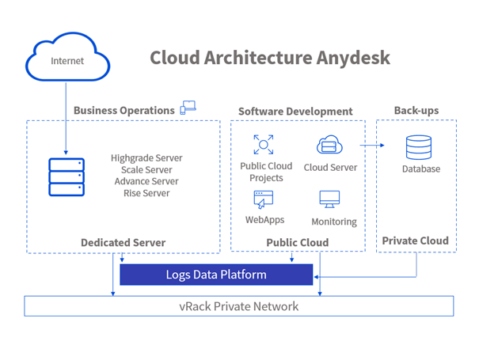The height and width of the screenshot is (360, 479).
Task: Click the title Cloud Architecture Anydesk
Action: [x=269, y=58]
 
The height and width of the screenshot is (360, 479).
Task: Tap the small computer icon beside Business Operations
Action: [x=188, y=108]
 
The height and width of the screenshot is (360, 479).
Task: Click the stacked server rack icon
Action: [x=66, y=177]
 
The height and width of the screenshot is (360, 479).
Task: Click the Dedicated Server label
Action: [x=123, y=242]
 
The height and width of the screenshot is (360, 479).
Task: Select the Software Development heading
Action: [x=295, y=112]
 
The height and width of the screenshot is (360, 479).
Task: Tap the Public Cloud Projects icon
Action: [x=263, y=145]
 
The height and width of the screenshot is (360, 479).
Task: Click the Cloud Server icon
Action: [x=329, y=145]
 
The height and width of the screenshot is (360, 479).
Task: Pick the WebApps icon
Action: [x=264, y=200]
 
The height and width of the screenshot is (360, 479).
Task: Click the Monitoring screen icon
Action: [x=329, y=199]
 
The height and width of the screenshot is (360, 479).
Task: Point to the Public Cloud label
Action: [x=297, y=242]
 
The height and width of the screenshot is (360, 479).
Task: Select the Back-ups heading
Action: [x=416, y=110]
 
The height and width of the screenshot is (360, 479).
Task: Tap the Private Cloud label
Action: [x=415, y=241]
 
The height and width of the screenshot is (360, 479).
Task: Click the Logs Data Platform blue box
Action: [x=216, y=275]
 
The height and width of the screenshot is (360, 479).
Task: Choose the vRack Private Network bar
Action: [x=238, y=305]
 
